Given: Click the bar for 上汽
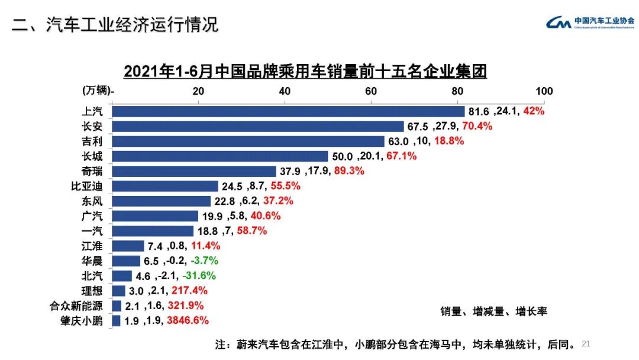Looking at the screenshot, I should click(288, 111).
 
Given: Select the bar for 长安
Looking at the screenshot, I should click(257, 126).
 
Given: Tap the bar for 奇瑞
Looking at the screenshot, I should click(194, 171).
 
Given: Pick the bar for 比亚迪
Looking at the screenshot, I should click(165, 186).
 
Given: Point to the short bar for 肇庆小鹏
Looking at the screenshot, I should click(116, 321).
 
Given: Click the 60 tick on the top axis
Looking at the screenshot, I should click(371, 91).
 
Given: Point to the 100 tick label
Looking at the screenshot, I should click(544, 91).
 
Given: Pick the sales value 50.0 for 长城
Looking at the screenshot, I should click(341, 156).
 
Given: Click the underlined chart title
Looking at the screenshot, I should click(305, 72).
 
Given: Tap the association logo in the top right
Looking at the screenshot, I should click(589, 22).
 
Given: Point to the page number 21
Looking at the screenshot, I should click(586, 343).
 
